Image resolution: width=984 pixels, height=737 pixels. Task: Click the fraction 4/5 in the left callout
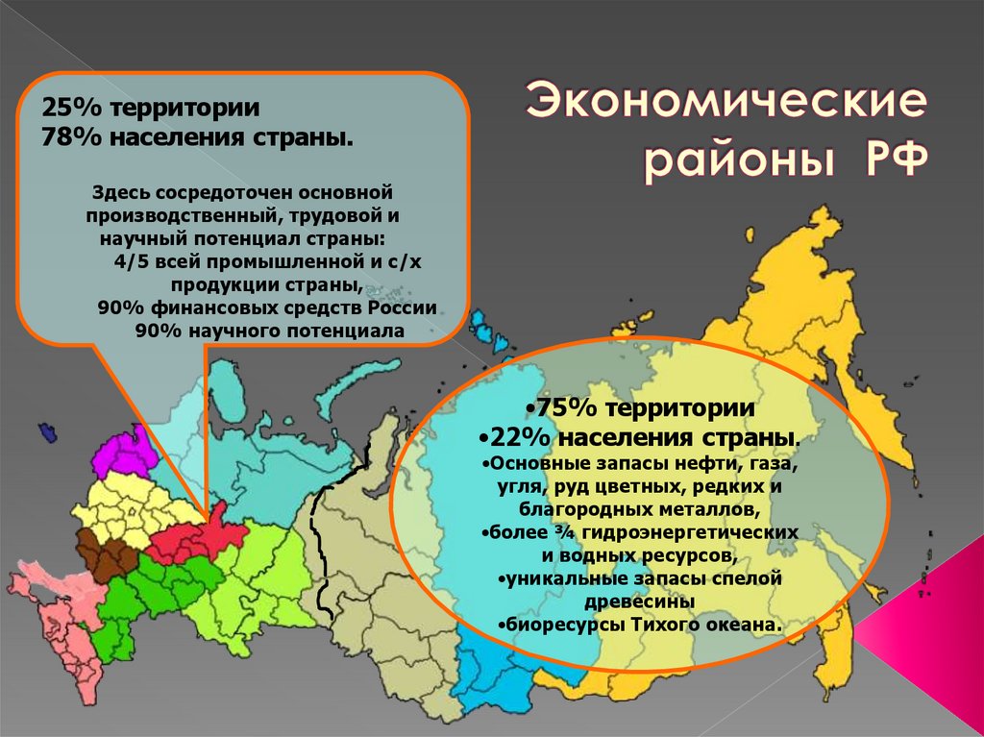(132, 261)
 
